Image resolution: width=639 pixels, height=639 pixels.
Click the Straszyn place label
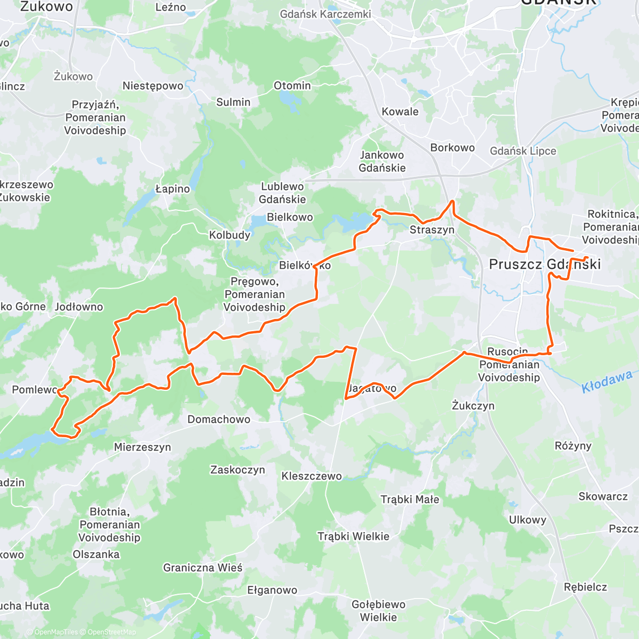coord(432,230)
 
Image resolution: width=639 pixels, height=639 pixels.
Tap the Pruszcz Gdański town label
coord(544,264)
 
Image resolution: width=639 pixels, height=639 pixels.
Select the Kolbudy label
coord(230,235)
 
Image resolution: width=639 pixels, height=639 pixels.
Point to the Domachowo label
coord(219,420)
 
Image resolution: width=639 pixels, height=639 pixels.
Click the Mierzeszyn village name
coord(143,447)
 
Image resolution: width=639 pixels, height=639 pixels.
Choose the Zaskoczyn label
coord(237,470)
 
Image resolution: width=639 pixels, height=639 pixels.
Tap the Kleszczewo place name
coord(312,476)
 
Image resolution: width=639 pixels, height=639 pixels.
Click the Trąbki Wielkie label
coord(354,536)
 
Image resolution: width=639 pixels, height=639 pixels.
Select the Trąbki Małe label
coord(410,499)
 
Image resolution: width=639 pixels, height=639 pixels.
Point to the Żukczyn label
coord(473,406)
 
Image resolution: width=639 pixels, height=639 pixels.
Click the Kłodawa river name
coord(607,381)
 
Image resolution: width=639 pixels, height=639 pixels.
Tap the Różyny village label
coord(573,446)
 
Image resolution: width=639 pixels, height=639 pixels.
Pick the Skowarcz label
coord(603,496)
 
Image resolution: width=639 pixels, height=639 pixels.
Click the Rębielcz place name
coord(585,587)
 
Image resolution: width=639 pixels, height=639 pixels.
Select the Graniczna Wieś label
coord(203,568)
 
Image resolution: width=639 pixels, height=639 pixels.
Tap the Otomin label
coord(292,86)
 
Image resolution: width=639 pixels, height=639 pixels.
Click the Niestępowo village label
coord(153,86)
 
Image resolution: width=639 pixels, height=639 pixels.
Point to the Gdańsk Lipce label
coord(523,151)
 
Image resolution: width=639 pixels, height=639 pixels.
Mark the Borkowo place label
coord(453,148)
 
